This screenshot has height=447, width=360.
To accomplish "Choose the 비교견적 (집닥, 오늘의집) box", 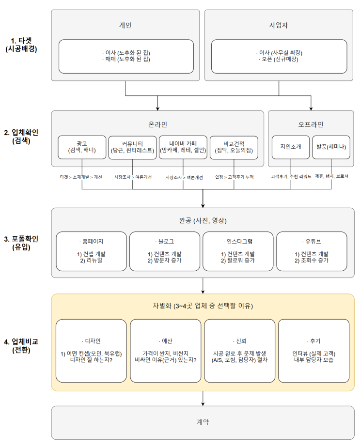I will point(235,147).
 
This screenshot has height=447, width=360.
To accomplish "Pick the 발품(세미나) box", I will point(331,147).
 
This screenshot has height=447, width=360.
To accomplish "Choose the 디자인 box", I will point(91,351).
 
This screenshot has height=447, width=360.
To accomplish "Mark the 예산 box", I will point(165,351).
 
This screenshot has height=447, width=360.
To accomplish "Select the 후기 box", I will point(313,351).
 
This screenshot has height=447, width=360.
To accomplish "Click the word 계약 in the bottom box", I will point(203,422).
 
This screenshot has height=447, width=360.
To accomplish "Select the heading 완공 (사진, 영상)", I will point(203,221).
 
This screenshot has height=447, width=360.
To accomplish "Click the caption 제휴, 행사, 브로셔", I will point(331,177).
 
